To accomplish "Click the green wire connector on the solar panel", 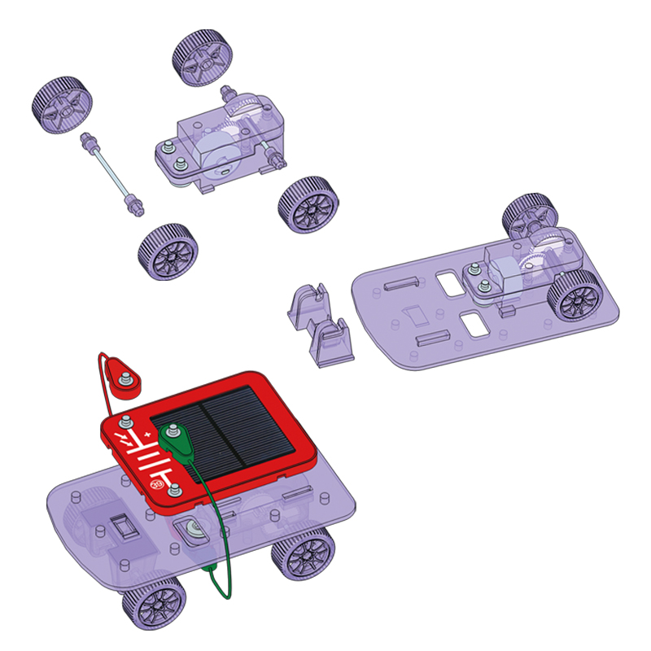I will (174, 438).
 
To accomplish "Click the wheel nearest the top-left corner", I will (62, 105).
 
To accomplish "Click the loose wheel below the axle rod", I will (168, 252).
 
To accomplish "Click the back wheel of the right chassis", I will (529, 215).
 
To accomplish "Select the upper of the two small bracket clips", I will (308, 306).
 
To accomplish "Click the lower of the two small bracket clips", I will (332, 342).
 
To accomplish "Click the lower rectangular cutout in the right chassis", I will (472, 322).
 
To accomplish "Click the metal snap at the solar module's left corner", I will (126, 422).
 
